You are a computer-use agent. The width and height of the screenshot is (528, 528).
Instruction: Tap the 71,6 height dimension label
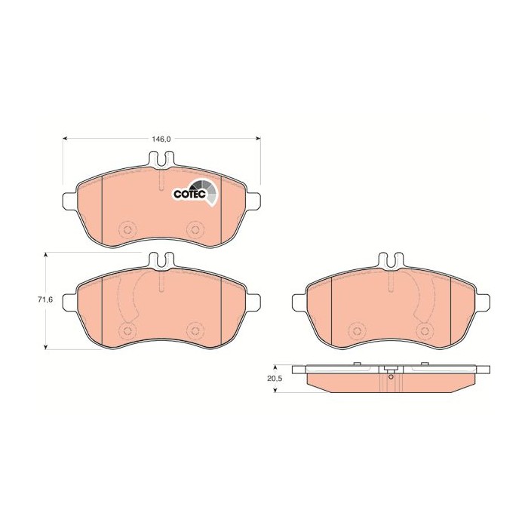pos(45,299)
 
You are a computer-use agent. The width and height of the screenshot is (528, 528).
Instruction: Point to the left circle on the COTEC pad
pos(127,229)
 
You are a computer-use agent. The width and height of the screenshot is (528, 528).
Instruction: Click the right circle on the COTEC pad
pos(195,229)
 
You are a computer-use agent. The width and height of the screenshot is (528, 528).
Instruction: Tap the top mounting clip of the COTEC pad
pos(162,160)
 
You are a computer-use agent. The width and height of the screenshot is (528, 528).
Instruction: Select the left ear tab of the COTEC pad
pos(66,202)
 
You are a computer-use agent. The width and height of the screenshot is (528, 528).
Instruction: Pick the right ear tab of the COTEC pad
pos(256,202)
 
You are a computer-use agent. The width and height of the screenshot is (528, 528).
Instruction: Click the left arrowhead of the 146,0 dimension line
pos(65,139)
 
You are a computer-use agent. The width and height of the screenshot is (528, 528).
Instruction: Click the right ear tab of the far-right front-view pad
pos(487,301)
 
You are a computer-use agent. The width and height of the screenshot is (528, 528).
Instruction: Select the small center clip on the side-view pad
pos(390,370)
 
